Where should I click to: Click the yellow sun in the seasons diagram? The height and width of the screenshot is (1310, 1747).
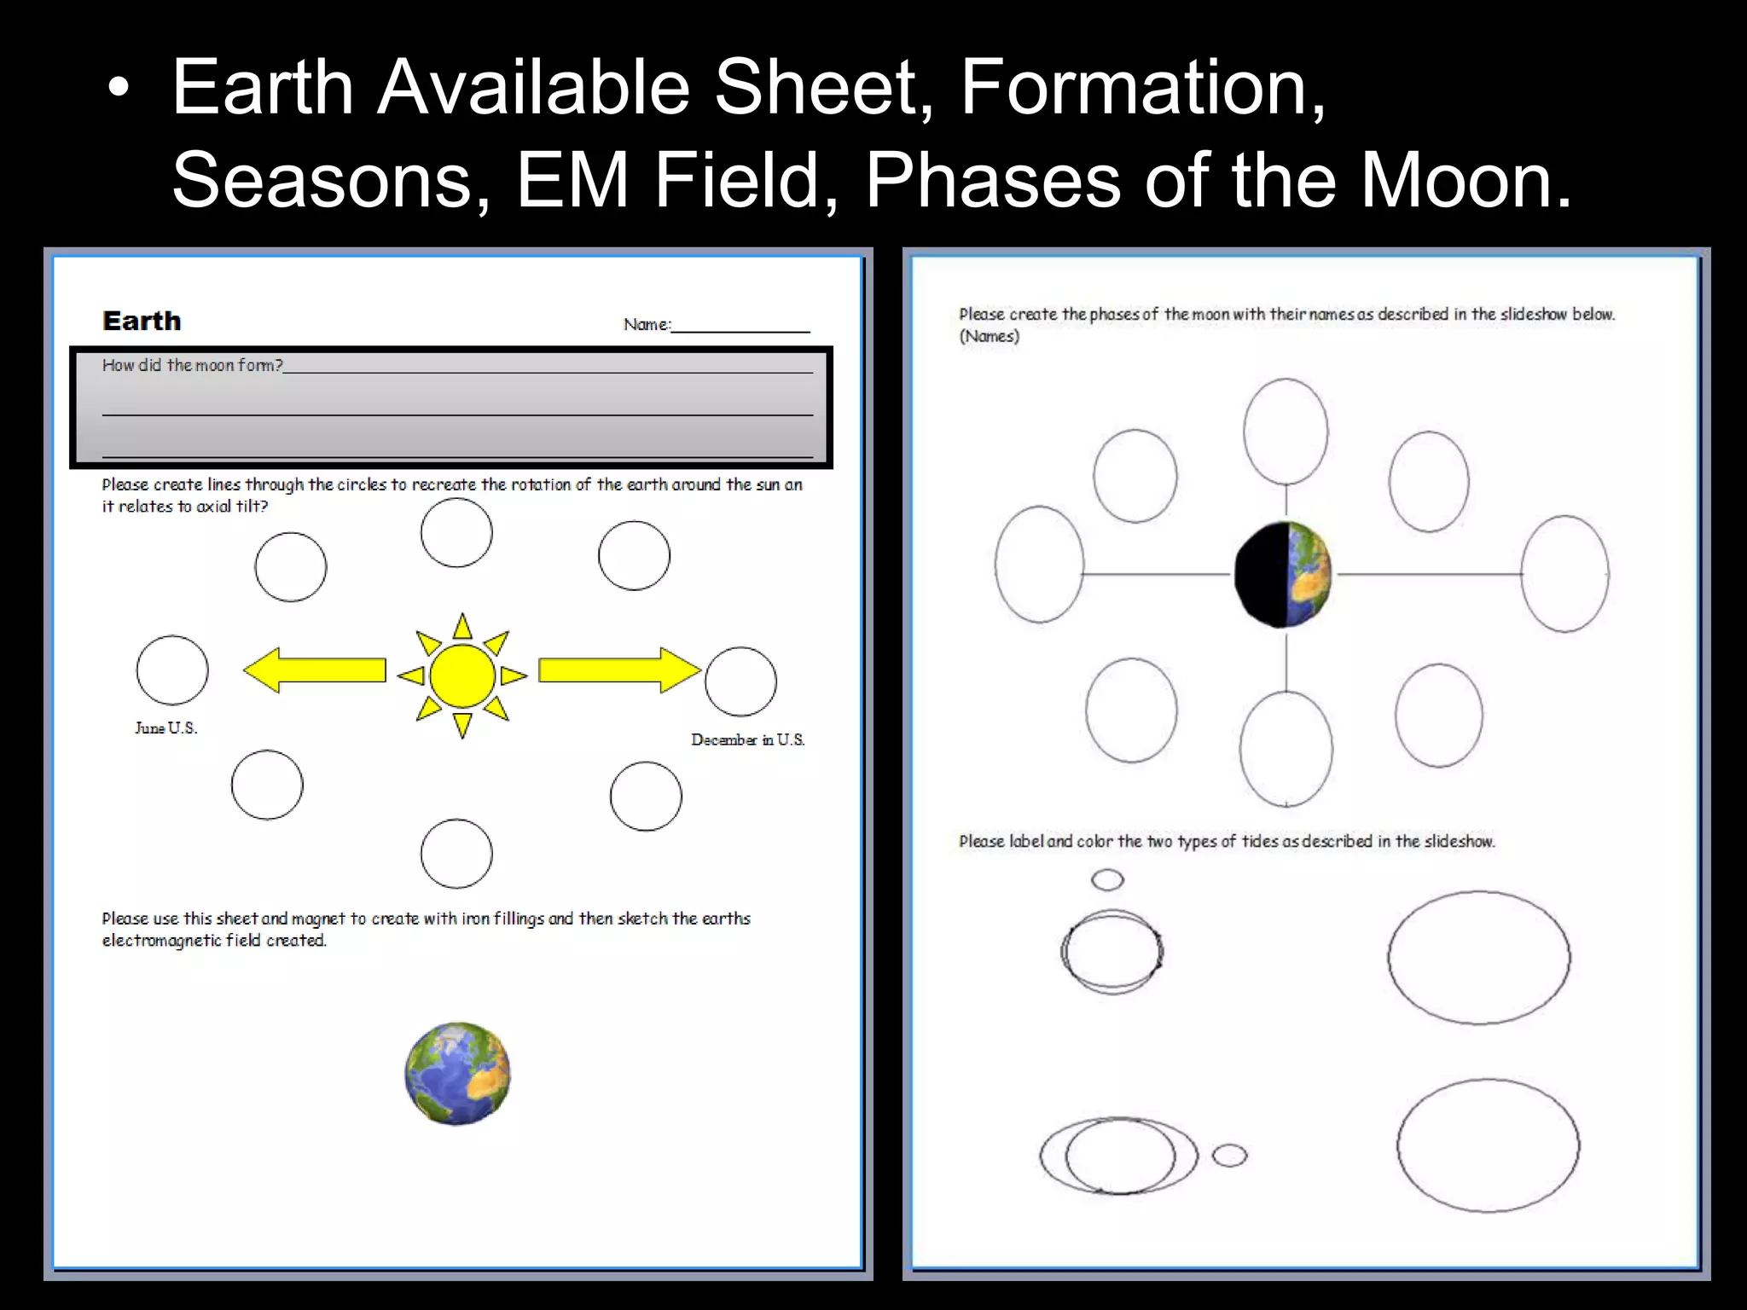pos(462,675)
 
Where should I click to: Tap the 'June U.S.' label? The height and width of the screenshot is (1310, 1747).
pos(166,728)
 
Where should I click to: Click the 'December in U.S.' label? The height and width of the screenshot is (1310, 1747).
pos(747,740)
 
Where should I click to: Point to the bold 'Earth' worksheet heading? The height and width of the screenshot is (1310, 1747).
pos(142,322)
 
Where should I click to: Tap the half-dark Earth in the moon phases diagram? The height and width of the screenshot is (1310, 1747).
pos(1283,574)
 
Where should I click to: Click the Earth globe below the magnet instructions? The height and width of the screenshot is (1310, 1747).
pos(457,1074)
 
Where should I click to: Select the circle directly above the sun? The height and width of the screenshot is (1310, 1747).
pos(456,533)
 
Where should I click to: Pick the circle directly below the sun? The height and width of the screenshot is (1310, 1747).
pos(456,854)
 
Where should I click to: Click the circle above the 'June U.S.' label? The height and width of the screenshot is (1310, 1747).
pos(172,670)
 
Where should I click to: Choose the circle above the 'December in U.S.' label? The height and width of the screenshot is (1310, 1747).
pos(741,681)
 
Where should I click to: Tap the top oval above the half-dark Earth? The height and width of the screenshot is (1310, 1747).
pos(1286,432)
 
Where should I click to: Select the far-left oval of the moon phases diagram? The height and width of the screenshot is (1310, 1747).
pos(1039,565)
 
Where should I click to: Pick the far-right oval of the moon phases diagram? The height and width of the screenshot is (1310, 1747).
pos(1565,574)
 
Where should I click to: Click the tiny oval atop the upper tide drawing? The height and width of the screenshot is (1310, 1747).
pos(1107,879)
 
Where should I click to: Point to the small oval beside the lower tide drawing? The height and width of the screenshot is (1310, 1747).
pos(1229,1156)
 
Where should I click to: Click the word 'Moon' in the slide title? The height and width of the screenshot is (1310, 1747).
pos(1465,180)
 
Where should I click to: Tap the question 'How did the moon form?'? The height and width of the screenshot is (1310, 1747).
pos(193,366)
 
